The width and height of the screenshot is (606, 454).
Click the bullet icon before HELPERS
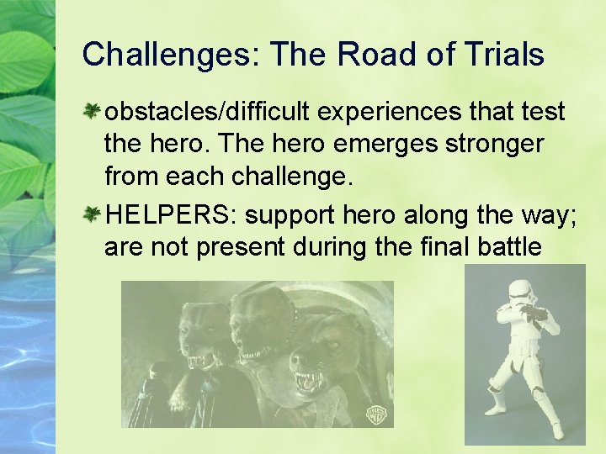pos(93,214)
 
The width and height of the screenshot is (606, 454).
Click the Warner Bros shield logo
pos(375,413)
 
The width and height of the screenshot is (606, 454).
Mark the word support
pos(290,214)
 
